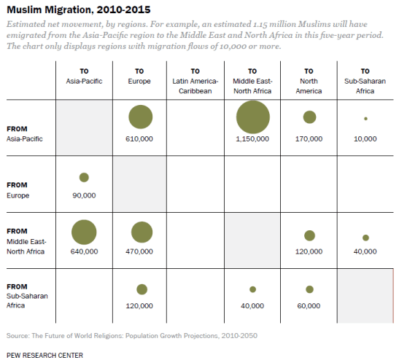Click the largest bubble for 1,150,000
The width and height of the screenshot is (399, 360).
[x=253, y=117]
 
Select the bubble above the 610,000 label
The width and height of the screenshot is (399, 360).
[x=140, y=117]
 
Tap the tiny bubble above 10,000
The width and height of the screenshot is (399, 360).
[x=365, y=118]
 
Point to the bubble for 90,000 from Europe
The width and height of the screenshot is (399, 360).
[x=84, y=177]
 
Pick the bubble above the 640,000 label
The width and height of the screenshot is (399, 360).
[x=84, y=232]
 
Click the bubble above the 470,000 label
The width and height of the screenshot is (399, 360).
[x=141, y=232]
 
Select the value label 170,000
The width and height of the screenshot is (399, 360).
[x=309, y=138]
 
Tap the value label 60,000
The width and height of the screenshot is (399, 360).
[x=309, y=306]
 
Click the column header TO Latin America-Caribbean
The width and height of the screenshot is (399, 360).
[x=196, y=77]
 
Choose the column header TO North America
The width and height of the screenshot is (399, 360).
[x=309, y=77]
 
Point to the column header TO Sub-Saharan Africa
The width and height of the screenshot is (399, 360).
[x=365, y=77]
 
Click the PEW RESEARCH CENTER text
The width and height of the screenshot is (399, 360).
[x=44, y=355]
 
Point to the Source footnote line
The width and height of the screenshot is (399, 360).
[x=131, y=335]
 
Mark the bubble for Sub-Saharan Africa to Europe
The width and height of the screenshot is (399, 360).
[x=141, y=289]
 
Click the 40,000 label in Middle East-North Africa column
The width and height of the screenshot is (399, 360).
[x=253, y=306]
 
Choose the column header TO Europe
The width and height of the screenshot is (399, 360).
[x=140, y=77]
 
